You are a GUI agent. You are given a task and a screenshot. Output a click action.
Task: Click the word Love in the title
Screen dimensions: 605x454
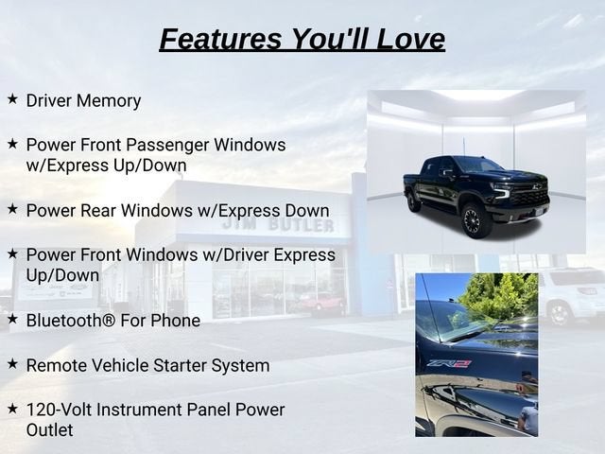[410, 39]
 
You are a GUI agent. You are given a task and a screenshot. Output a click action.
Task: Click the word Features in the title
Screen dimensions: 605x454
[221, 39]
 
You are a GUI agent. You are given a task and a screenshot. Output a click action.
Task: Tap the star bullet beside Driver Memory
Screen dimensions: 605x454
[12, 98]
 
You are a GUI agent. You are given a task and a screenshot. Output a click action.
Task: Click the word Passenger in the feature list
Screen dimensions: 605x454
[168, 146]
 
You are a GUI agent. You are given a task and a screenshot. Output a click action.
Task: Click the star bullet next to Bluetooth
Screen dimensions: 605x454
[12, 319]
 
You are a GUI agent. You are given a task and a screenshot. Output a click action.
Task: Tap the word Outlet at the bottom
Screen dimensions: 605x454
[49, 430]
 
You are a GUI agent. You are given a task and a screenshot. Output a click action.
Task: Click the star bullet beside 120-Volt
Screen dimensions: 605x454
[12, 409]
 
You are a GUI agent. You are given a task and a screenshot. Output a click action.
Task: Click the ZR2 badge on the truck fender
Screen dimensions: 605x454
[449, 364]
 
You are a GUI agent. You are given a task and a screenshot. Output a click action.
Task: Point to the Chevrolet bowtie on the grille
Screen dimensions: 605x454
[535, 186]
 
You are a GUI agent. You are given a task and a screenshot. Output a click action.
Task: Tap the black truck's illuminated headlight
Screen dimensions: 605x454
[502, 190]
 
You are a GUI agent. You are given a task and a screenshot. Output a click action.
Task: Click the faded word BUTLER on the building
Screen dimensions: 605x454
[301, 225]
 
